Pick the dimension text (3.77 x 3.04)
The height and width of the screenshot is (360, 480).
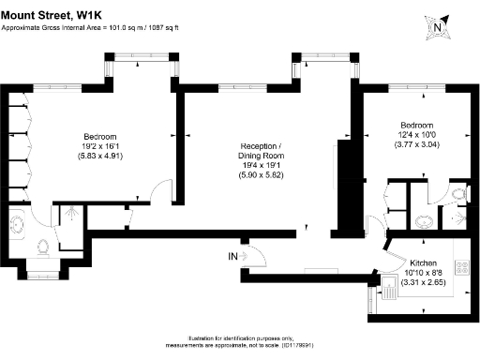coord(416,145)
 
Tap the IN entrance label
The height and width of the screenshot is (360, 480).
coord(232,256)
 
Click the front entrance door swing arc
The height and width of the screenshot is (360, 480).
coord(251,251)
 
